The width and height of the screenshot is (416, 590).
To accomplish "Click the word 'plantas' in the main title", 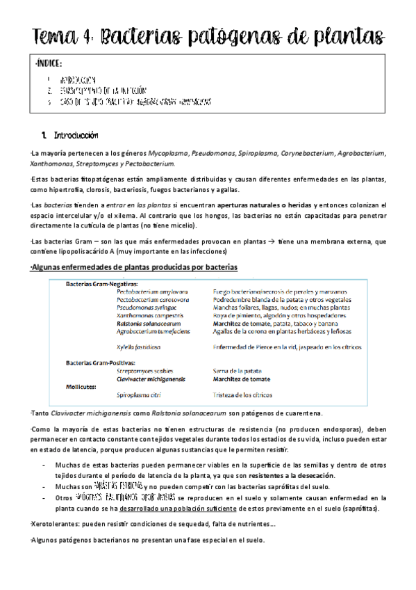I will pyautogui.click(x=351, y=35).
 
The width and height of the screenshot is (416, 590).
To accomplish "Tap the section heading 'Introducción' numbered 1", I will pyautogui.click(x=76, y=135).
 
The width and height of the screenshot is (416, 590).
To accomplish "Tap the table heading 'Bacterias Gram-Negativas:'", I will pyautogui.click(x=101, y=283).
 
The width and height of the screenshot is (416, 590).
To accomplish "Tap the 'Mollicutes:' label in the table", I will pyautogui.click(x=81, y=386).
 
